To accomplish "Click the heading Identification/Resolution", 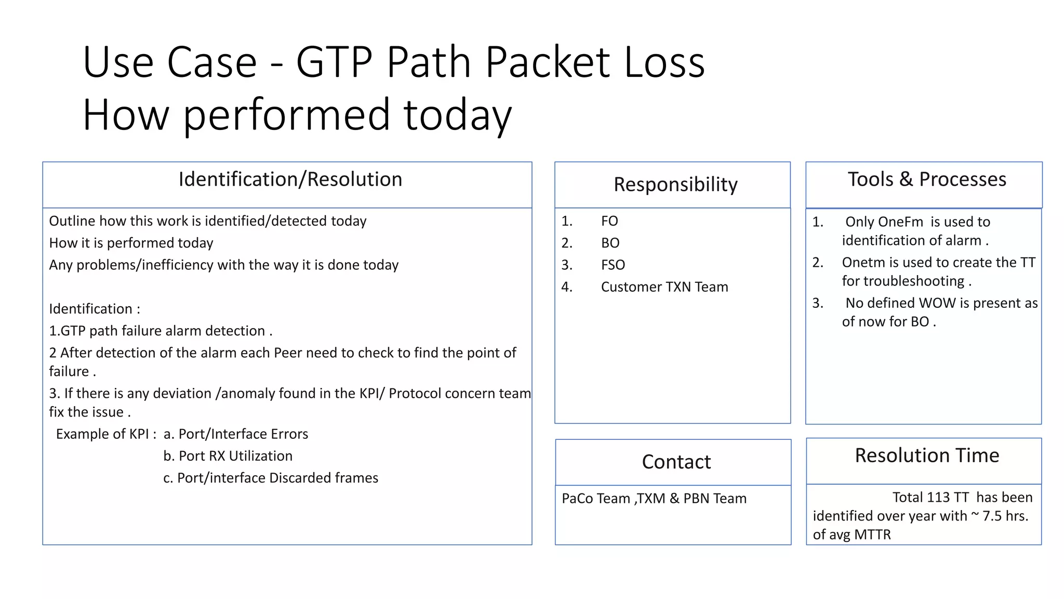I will [290, 179].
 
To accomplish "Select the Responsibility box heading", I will [675, 185].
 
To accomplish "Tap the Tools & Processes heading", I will [927, 179].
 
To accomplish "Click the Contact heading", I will [676, 462].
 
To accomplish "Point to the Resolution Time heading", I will [927, 455].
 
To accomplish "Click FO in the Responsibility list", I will [609, 221].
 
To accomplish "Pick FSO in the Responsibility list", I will [613, 265].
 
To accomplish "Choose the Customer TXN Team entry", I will [664, 287].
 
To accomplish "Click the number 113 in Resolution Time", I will [938, 498].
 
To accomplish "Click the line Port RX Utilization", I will [228, 456].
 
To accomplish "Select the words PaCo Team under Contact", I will [595, 499].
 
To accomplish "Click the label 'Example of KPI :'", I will [106, 434].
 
